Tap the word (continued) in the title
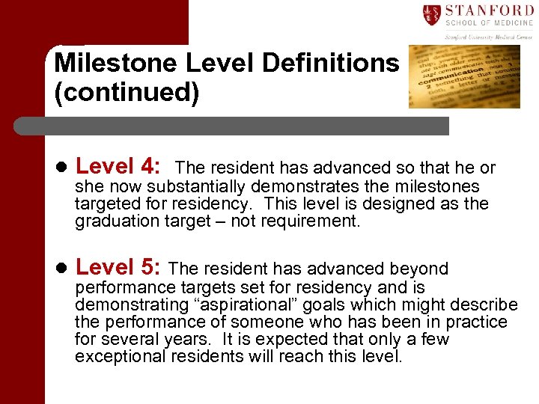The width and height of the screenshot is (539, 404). [x=127, y=94]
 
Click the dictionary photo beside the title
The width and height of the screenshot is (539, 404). [x=464, y=76]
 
